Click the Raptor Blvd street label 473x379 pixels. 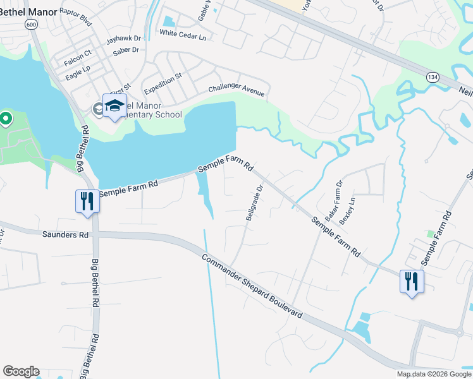pos(76,17)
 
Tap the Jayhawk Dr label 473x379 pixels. pos(123,39)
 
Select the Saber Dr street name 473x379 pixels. pos(126,51)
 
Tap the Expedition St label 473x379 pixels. pos(162,81)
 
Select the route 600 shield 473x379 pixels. pos(30,23)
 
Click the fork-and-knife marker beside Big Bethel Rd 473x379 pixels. pos(87,202)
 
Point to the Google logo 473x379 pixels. pos(21,371)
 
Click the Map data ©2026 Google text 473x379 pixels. pos(433,374)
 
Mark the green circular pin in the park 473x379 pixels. pos(6,118)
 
